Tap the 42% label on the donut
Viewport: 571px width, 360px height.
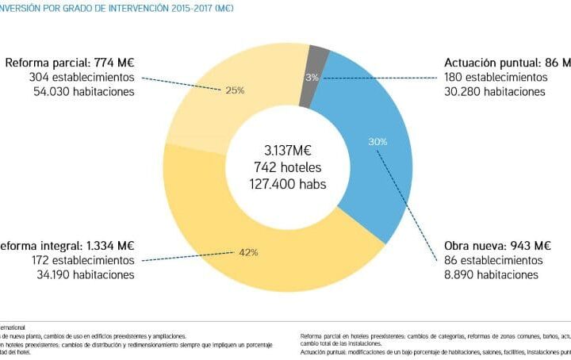[x=247, y=252]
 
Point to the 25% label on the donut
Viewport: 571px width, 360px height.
[x=234, y=90]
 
